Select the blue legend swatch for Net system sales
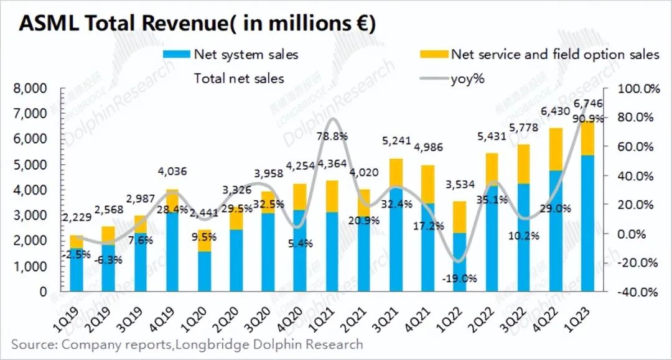(176, 55)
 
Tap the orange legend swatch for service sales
(434, 55)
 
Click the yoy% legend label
(467, 78)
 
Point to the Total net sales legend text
(239, 78)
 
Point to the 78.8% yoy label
(334, 136)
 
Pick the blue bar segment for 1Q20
(203, 271)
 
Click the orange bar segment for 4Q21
(427, 184)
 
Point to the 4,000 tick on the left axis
(30, 190)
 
